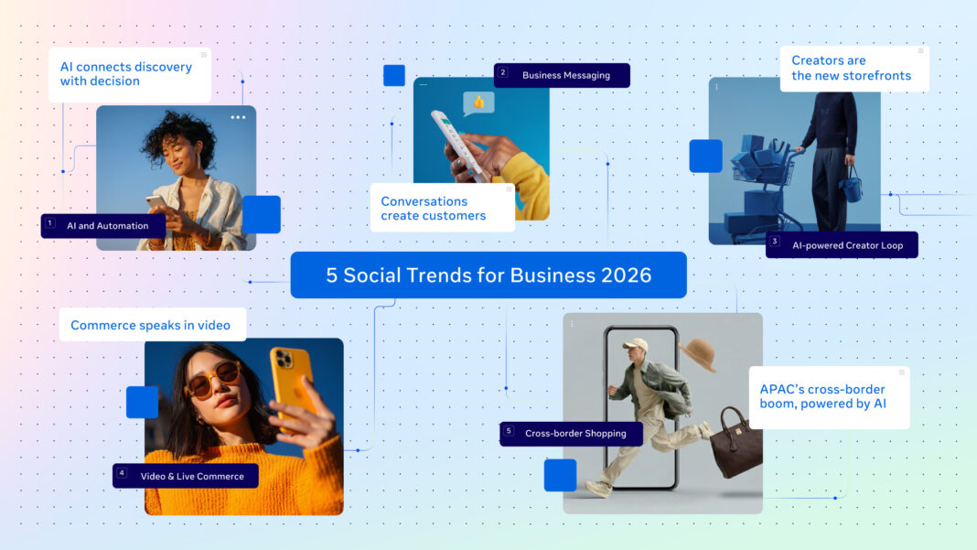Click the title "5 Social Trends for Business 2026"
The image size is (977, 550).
tap(488, 275)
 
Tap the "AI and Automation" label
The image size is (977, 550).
tap(108, 226)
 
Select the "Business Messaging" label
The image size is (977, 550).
tap(565, 75)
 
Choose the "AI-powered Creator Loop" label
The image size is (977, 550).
tap(847, 245)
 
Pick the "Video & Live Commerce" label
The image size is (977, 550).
tap(192, 476)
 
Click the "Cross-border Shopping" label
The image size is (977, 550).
tap(575, 434)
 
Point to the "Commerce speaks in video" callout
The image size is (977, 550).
tap(151, 325)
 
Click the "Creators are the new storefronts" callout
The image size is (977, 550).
tap(852, 69)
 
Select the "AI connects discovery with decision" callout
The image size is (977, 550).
tap(126, 74)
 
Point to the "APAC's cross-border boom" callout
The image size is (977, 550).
tap(827, 397)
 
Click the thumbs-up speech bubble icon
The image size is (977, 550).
tap(478, 102)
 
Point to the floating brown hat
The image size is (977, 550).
tap(699, 354)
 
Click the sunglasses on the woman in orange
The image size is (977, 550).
tap(213, 379)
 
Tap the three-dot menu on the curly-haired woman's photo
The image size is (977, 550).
tap(238, 118)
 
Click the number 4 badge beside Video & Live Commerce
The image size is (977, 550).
tap(122, 473)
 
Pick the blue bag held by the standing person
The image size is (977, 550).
tap(852, 188)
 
